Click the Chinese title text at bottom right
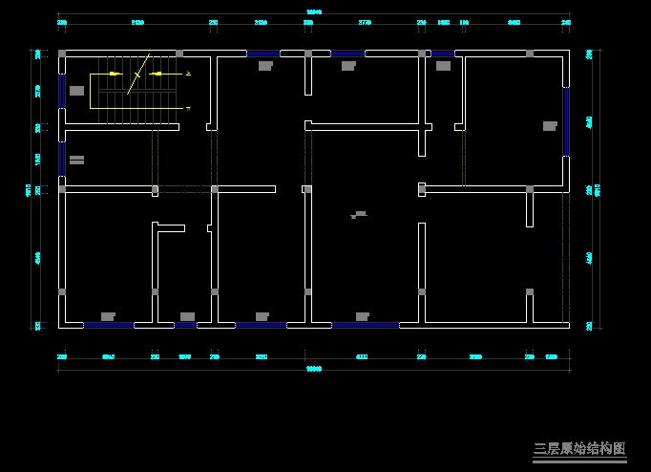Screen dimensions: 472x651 [x=578, y=448]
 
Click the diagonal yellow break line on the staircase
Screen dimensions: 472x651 [x=139, y=70]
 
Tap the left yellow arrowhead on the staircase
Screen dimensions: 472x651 [x=115, y=73]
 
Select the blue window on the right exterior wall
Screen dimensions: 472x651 [x=566, y=121]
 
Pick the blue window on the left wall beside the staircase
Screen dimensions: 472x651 [x=62, y=92]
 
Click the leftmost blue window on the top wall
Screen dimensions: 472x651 [x=263, y=54]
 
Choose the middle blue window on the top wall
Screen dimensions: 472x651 [x=347, y=54]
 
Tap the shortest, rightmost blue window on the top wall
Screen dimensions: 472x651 [x=442, y=54]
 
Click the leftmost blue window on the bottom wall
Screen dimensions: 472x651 [x=108, y=325]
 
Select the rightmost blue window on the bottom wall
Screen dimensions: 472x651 [x=365, y=325]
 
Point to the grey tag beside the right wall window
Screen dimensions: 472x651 [x=550, y=125]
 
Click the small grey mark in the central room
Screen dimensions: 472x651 [x=359, y=215]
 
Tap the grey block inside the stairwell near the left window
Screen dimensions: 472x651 [x=76, y=91]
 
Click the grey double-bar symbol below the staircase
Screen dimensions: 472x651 [x=76, y=160]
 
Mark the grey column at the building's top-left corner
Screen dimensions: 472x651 [x=62, y=54]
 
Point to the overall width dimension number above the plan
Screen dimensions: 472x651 [x=314, y=11]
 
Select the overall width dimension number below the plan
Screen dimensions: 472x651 [x=312, y=368]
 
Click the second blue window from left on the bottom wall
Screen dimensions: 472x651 [x=185, y=325]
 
